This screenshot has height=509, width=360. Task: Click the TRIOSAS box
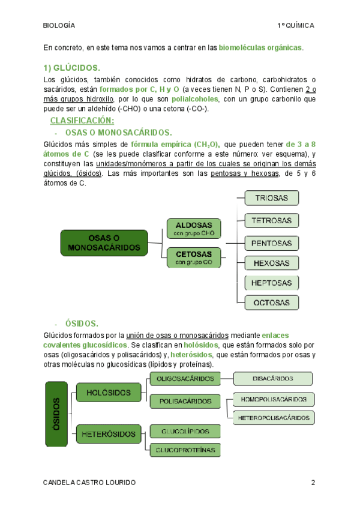(x=271, y=198)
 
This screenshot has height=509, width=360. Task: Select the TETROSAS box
(x=271, y=220)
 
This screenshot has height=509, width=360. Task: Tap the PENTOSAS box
(x=271, y=243)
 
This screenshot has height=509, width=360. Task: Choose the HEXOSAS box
(x=271, y=263)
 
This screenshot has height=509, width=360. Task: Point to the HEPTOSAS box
(x=271, y=283)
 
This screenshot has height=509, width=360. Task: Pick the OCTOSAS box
(x=271, y=303)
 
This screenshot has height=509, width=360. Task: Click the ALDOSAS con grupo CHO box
(x=193, y=228)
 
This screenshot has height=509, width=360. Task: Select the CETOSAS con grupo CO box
(x=193, y=258)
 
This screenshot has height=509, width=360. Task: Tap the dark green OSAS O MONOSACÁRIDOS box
(x=104, y=243)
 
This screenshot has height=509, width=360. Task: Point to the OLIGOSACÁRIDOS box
(x=185, y=379)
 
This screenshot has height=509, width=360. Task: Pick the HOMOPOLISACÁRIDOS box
(x=273, y=399)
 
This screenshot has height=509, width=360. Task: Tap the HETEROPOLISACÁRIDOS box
(x=274, y=417)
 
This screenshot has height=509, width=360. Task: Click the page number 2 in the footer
(x=313, y=483)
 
